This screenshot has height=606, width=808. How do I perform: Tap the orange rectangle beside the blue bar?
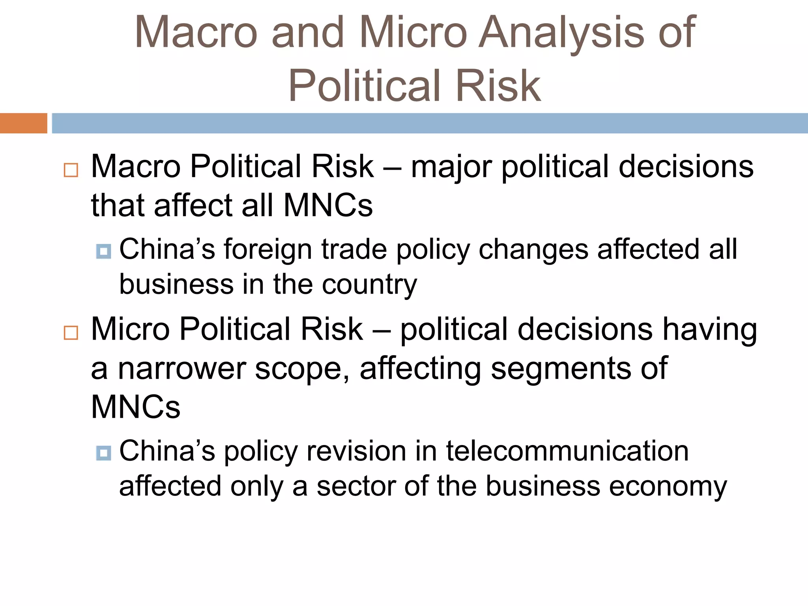23,123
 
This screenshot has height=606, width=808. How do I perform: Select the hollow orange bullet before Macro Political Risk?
71,170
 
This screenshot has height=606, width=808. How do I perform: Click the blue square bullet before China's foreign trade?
103,251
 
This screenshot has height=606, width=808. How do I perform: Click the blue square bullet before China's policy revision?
103,453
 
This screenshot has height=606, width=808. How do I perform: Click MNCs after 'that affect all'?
328,206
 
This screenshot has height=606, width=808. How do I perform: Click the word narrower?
181,368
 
